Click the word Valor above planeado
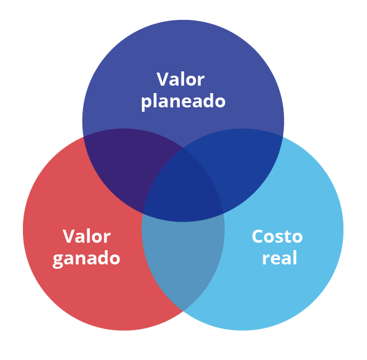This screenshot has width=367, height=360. (x=180, y=79)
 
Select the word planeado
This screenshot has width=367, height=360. (x=183, y=102)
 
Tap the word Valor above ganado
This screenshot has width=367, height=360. (x=87, y=236)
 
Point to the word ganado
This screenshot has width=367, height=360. (x=86, y=259)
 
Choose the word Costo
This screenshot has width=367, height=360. (x=277, y=236)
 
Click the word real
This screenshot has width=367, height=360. (x=280, y=258)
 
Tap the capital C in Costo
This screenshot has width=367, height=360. (x=258, y=236)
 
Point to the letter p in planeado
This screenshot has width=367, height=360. (x=147, y=103)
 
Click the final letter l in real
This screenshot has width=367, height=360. (x=295, y=258)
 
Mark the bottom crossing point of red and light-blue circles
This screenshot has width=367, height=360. (x=183, y=311)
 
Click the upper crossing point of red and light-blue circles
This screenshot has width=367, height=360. (x=183, y=148)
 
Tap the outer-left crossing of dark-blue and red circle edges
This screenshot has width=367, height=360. (x=84, y=137)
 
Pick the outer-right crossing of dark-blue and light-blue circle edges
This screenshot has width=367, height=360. (x=283, y=137)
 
